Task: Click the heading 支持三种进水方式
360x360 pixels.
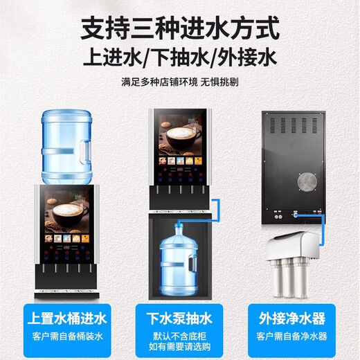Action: pos(180,30)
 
